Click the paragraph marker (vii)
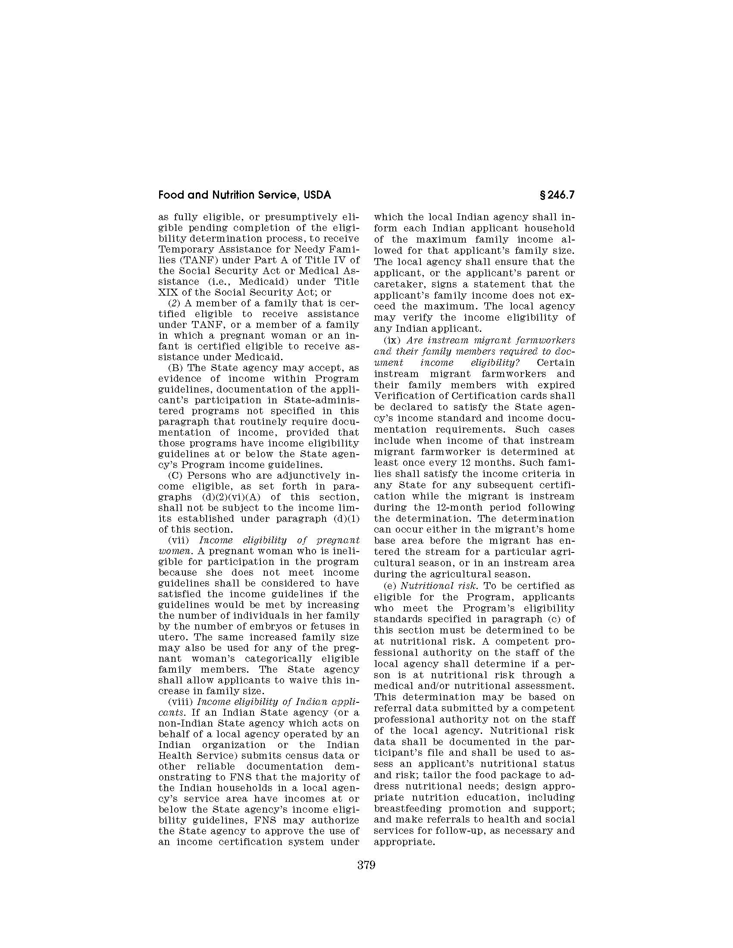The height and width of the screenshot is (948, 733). tap(178, 540)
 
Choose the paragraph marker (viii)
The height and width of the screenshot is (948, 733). tap(180, 702)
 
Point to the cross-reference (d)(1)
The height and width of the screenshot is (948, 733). tap(347, 519)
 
